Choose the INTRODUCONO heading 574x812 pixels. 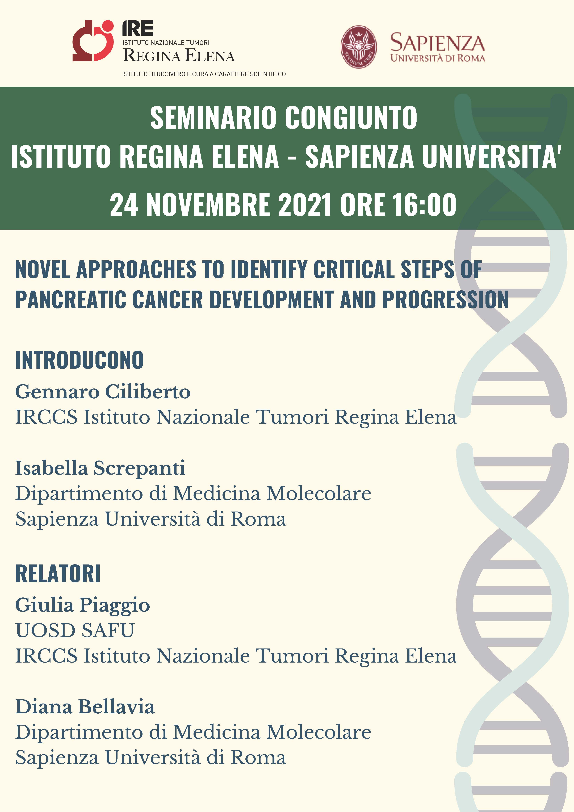[x=79, y=360]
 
